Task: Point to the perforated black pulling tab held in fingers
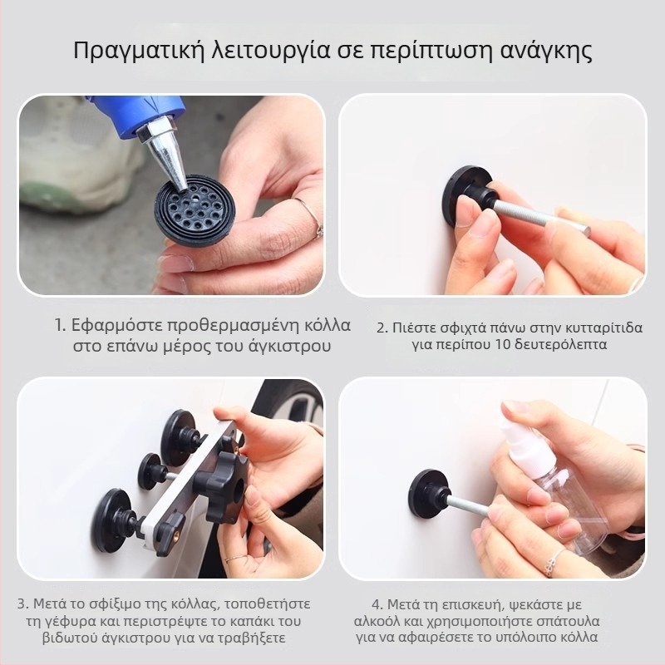point(195,209)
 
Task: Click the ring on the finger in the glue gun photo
point(311,215)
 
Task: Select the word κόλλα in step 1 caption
point(328,326)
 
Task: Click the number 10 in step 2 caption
point(503,344)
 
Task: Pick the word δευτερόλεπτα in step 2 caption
point(561,344)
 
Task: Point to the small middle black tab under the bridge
point(152,471)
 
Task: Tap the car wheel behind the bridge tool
point(296,405)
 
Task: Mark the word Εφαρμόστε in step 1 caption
point(116,326)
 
